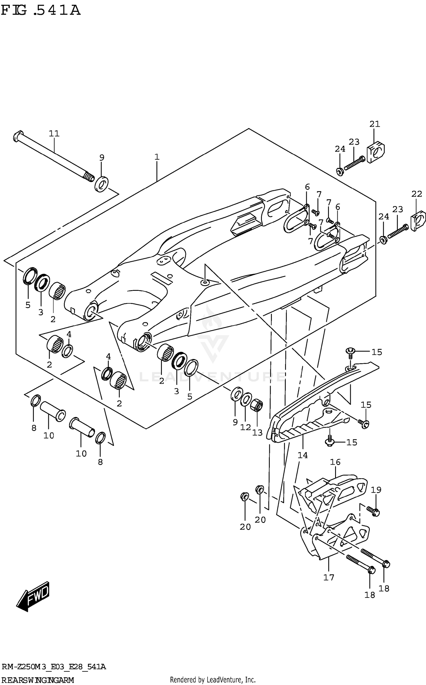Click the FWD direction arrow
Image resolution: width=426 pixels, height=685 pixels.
34,596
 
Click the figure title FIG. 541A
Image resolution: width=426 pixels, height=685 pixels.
41,11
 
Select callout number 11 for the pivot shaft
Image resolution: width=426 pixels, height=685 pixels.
54,133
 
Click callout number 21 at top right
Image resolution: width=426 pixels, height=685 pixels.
375,124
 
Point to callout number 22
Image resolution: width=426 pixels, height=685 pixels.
417,194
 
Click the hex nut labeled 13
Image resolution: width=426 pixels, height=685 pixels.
257,405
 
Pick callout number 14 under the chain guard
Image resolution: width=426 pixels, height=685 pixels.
302,455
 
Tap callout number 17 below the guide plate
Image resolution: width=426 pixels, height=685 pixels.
329,577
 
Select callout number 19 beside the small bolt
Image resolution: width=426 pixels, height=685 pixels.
376,490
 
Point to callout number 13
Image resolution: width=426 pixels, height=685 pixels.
257,433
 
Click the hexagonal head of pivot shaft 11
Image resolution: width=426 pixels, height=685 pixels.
18,135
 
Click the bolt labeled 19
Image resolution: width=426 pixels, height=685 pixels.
373,511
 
